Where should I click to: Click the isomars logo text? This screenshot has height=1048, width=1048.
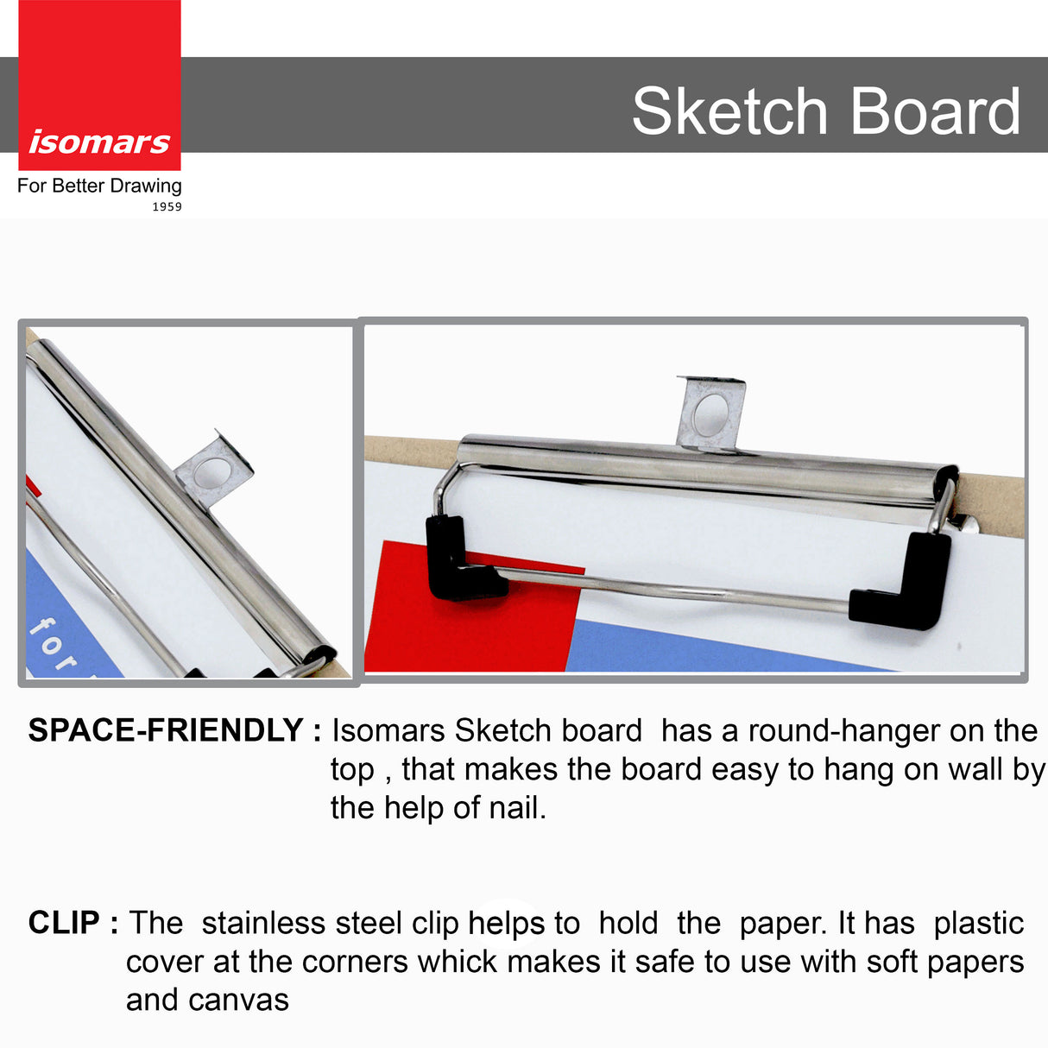[x=99, y=142]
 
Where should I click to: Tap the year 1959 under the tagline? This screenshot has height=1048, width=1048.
[x=167, y=207]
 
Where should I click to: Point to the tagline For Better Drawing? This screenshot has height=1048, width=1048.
[x=99, y=186]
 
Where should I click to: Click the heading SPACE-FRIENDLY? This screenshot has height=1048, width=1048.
[x=166, y=731]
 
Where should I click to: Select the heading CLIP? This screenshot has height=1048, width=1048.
[x=64, y=923]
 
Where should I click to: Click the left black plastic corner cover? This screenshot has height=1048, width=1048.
[x=458, y=561]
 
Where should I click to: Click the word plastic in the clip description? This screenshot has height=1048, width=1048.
[x=978, y=923]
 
